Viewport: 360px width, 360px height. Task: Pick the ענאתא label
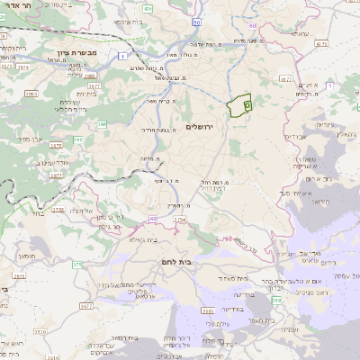tap(299, 34)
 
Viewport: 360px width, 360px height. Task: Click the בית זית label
tap(86, 93)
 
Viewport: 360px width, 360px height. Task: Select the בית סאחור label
tap(226, 280)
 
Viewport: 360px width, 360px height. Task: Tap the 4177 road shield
tap(286, 79)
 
